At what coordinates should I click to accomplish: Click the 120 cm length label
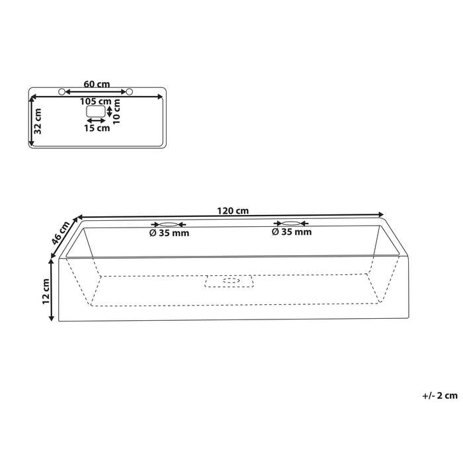click(x=232, y=211)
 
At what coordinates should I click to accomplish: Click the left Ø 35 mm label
click(x=169, y=233)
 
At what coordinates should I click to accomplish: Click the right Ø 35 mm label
click(x=292, y=233)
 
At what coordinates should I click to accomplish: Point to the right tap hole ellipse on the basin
click(x=292, y=224)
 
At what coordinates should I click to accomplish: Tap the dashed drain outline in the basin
click(x=231, y=280)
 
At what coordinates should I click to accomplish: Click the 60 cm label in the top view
click(x=97, y=84)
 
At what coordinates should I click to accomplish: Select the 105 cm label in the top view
click(x=96, y=101)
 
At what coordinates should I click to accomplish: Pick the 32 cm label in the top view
click(x=38, y=122)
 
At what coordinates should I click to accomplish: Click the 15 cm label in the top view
click(x=97, y=128)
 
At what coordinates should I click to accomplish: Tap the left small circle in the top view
click(x=62, y=91)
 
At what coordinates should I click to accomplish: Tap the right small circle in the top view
click(x=130, y=91)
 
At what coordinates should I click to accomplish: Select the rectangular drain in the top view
click(x=97, y=112)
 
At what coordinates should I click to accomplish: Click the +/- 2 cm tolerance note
click(x=439, y=396)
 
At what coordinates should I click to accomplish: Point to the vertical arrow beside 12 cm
click(x=52, y=290)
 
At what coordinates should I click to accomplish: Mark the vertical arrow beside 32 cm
click(x=32, y=122)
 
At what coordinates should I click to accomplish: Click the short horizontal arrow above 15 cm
click(x=97, y=120)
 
